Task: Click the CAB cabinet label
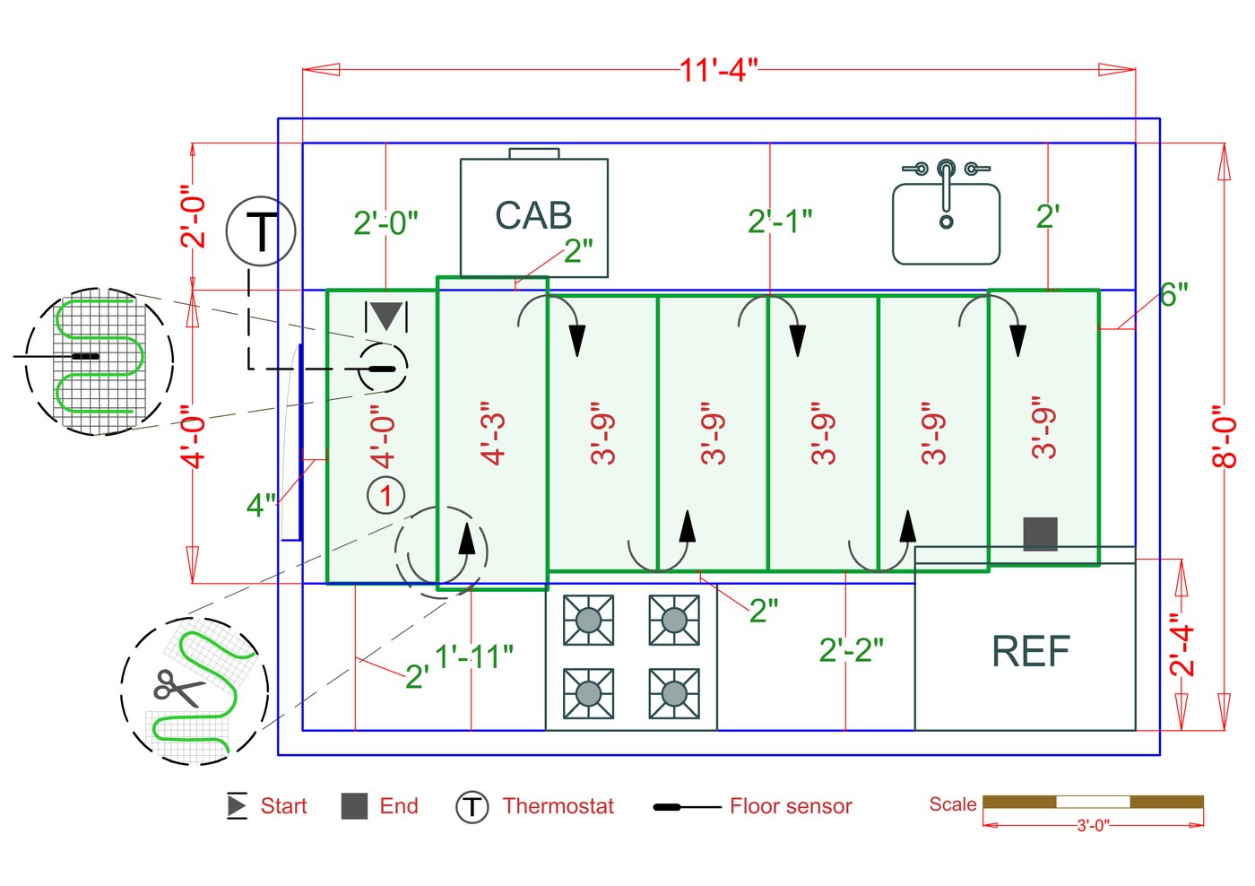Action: (x=533, y=216)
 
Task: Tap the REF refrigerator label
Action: (x=1030, y=651)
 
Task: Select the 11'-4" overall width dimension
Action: (x=718, y=69)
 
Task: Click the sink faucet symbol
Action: (x=946, y=190)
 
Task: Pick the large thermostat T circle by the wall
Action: (x=260, y=231)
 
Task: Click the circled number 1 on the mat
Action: (x=385, y=495)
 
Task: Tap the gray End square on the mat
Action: (x=1040, y=534)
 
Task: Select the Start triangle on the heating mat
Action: (x=386, y=317)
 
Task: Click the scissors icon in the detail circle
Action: (x=177, y=689)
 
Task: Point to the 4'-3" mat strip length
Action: (x=493, y=433)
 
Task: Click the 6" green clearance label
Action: (x=1173, y=294)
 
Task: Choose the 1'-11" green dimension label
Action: (x=474, y=656)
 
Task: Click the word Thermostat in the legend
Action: (x=558, y=806)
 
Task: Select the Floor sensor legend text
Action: (x=790, y=806)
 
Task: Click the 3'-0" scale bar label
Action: (x=1092, y=825)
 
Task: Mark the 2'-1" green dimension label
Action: (x=780, y=221)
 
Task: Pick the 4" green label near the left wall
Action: (x=261, y=505)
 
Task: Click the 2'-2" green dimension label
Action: (x=851, y=650)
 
